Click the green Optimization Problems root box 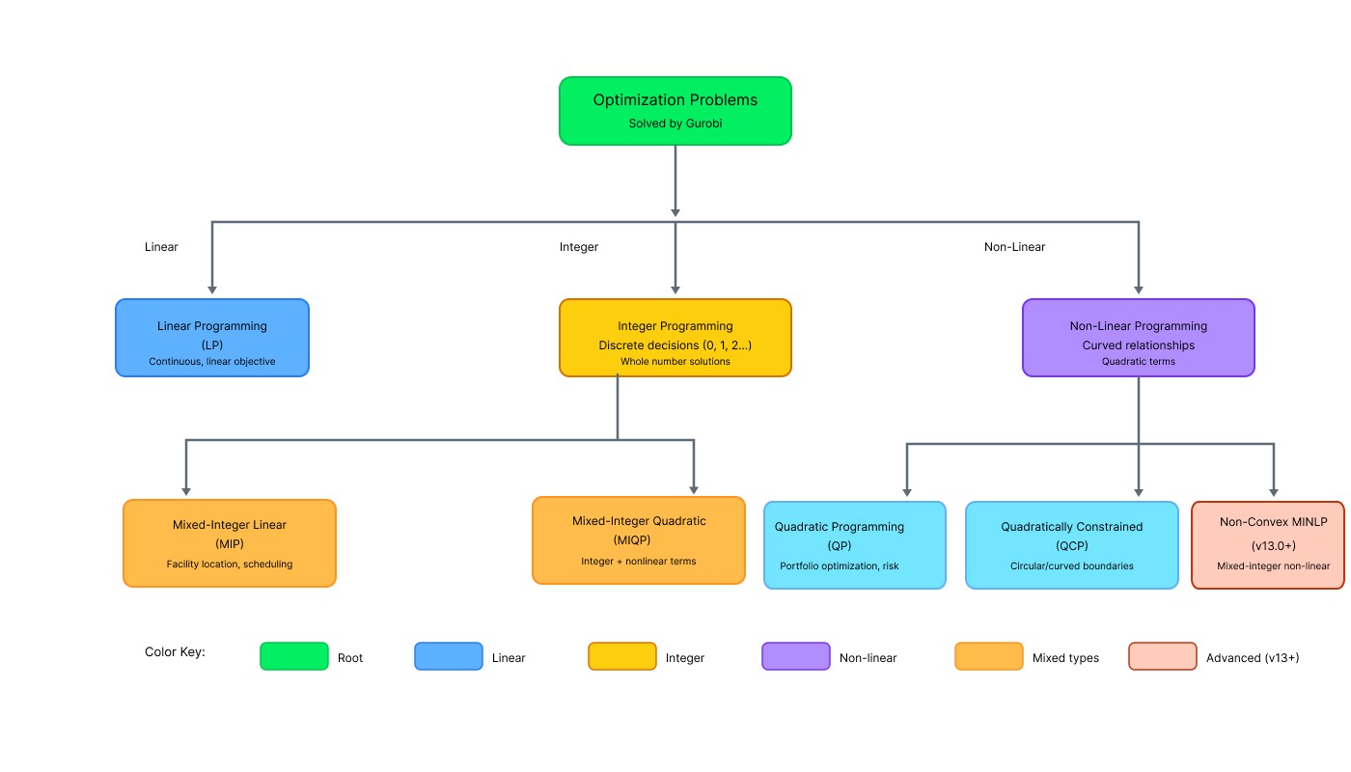click(x=675, y=111)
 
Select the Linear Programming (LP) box click(x=212, y=338)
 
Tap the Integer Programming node click(x=675, y=338)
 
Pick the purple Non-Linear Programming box click(x=1139, y=338)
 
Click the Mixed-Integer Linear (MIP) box click(x=230, y=542)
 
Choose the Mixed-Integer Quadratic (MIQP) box click(x=639, y=540)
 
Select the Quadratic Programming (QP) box click(x=855, y=545)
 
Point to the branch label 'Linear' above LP click(x=161, y=247)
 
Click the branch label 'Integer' click(x=579, y=247)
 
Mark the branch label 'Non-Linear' click(x=1014, y=247)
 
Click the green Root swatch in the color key click(x=294, y=656)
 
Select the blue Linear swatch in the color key click(x=449, y=656)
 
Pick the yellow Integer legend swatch click(x=622, y=656)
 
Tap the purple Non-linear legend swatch click(x=796, y=656)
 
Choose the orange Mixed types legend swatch click(x=989, y=656)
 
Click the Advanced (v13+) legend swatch click(x=1163, y=656)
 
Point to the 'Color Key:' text click(x=175, y=652)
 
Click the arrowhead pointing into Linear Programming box click(x=212, y=289)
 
